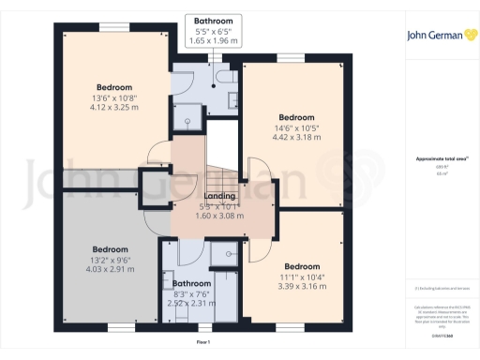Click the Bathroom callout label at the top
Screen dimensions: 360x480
click(x=214, y=21)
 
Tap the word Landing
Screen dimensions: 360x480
click(x=218, y=196)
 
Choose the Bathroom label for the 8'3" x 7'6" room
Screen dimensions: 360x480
click(x=191, y=283)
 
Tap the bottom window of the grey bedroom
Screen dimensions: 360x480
click(x=120, y=326)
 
